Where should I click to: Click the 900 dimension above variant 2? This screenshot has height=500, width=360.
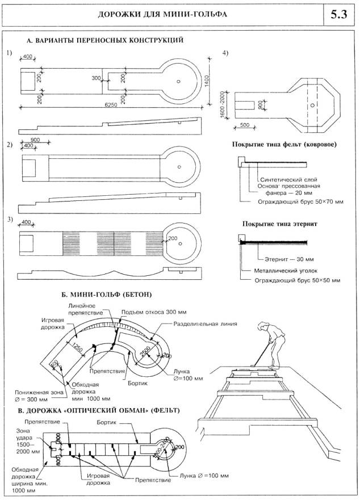point(35,140)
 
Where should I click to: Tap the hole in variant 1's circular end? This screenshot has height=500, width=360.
point(178,81)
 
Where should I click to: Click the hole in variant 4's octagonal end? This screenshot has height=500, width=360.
point(312,105)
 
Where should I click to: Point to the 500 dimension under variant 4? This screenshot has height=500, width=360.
point(245,124)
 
